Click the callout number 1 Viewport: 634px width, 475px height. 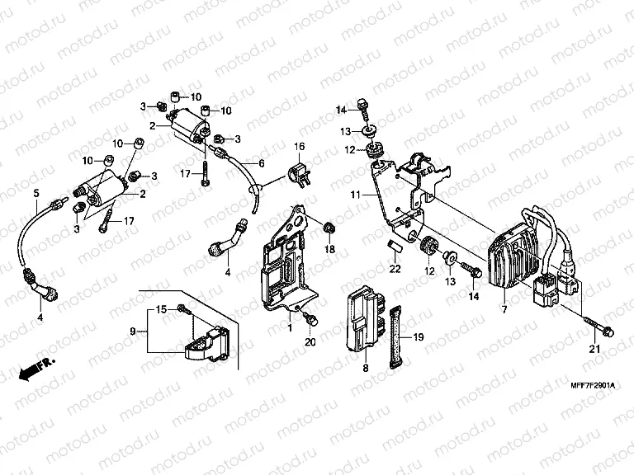click(x=291, y=328)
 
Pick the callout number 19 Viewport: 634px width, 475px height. click(x=418, y=336)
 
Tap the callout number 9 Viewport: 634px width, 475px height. click(x=133, y=331)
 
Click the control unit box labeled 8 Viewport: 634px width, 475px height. click(x=362, y=317)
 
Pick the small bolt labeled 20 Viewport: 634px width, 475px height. click(x=312, y=318)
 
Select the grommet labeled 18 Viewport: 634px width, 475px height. click(x=328, y=226)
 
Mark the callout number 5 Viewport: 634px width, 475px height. click(x=35, y=194)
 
